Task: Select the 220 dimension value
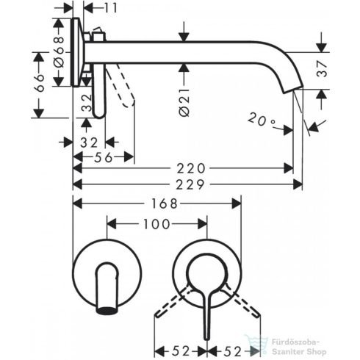click(x=189, y=167)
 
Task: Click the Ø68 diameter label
click(x=62, y=51)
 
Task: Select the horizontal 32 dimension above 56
click(x=89, y=141)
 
